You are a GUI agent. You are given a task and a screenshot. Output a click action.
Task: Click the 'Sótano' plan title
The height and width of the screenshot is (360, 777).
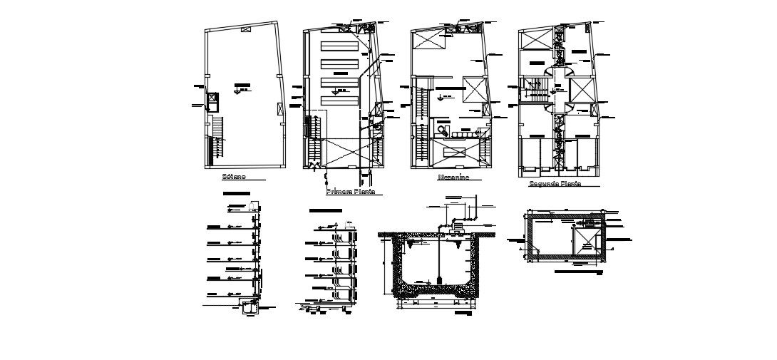pyautogui.click(x=234, y=176)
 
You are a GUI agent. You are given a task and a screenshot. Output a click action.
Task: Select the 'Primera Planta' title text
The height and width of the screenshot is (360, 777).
pyautogui.click(x=349, y=192)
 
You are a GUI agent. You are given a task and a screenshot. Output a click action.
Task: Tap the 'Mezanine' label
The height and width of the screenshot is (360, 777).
pyautogui.click(x=453, y=178)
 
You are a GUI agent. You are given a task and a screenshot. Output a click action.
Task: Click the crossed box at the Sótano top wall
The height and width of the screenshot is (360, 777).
pyautogui.click(x=245, y=30)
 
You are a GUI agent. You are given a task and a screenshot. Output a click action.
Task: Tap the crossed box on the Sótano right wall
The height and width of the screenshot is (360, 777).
pyautogui.click(x=279, y=108)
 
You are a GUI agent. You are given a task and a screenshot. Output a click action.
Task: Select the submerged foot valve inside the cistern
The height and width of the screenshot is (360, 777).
pyautogui.click(x=441, y=277)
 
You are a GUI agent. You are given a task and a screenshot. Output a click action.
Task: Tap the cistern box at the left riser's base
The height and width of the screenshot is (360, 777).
pyautogui.click(x=248, y=308)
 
